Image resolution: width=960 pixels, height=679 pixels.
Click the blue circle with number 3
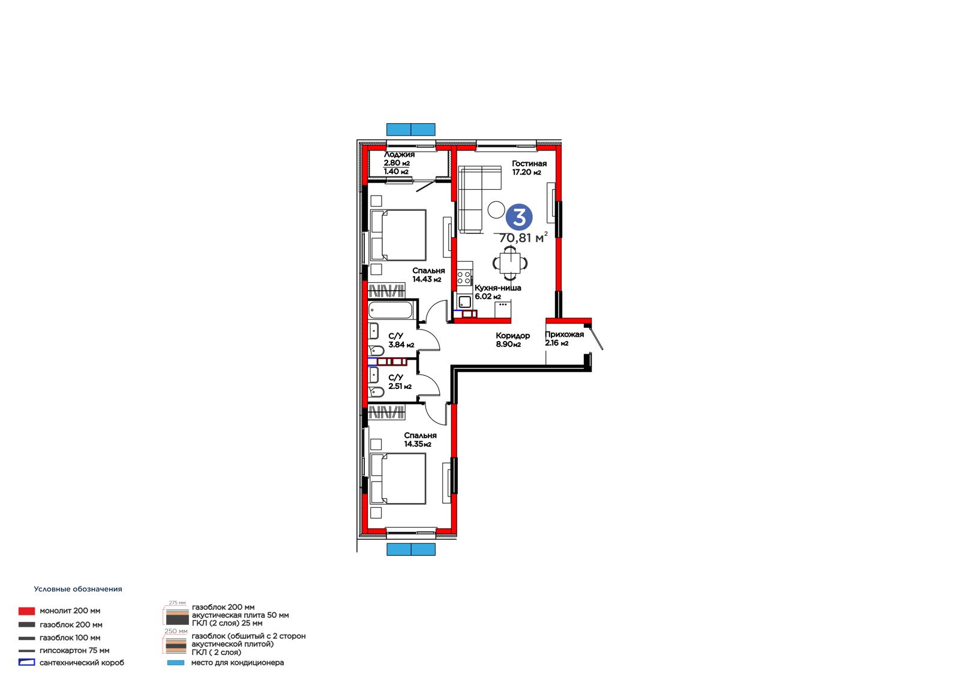(x=519, y=217)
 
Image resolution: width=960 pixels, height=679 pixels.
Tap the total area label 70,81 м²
(x=523, y=238)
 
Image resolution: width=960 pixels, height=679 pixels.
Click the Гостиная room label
(x=529, y=163)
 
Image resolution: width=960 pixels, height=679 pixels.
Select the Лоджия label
(x=399, y=154)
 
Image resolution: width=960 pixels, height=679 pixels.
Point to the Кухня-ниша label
(x=497, y=288)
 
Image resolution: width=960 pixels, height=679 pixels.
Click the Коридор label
(x=513, y=336)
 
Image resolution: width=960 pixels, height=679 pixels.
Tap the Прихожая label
(x=565, y=334)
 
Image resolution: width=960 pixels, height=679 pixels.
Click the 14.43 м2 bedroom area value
(x=427, y=279)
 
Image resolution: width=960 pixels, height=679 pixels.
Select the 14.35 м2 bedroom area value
(x=418, y=444)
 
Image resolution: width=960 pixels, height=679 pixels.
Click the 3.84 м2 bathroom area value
(x=401, y=345)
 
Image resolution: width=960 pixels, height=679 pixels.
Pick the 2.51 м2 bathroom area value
(x=400, y=386)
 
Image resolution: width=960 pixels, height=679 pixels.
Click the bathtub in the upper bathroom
(x=391, y=310)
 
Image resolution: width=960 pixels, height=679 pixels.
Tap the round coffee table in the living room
(x=496, y=210)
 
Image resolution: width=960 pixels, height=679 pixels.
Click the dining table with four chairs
(x=510, y=262)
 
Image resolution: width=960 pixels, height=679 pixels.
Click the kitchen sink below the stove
(x=464, y=302)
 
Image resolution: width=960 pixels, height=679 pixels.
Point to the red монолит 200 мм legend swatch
(x=26, y=611)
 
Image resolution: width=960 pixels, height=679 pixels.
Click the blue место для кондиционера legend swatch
(x=176, y=663)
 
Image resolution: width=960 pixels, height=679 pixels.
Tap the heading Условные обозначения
(x=78, y=590)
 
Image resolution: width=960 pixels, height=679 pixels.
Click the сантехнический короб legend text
(x=82, y=663)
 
